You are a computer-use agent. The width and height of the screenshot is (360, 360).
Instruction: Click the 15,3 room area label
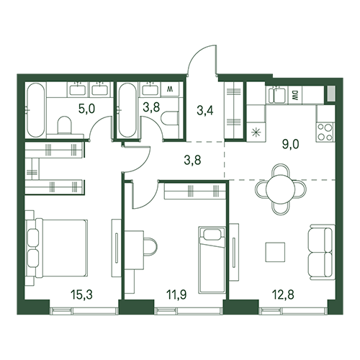[x=81, y=294]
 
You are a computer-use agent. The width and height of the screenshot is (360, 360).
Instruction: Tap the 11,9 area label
[x=177, y=294]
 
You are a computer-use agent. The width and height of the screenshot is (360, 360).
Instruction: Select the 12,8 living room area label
[x=283, y=294]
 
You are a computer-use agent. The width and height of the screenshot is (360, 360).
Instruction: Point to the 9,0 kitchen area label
[x=291, y=145]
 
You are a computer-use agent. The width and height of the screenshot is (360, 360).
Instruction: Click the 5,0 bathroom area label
[x=86, y=109]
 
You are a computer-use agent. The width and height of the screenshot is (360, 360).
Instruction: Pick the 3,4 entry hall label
[x=205, y=111]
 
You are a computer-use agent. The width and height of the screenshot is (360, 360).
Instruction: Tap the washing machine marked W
[x=170, y=89]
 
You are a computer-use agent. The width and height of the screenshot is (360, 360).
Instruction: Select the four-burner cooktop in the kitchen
[x=325, y=132]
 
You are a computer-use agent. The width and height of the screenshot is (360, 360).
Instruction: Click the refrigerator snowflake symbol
[x=256, y=132]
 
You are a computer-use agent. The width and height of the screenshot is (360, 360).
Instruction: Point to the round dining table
[x=280, y=189]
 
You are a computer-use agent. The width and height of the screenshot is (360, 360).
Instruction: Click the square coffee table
[x=275, y=252]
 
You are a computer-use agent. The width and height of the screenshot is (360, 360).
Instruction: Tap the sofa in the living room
[x=322, y=252]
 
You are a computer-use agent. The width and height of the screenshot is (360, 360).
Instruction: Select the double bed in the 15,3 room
[x=57, y=248]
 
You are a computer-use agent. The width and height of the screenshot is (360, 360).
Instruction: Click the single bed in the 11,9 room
[x=212, y=260]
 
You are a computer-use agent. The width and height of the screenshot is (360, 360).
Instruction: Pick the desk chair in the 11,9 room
[x=150, y=247]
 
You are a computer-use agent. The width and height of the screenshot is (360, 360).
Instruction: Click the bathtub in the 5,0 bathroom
[x=35, y=110]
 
